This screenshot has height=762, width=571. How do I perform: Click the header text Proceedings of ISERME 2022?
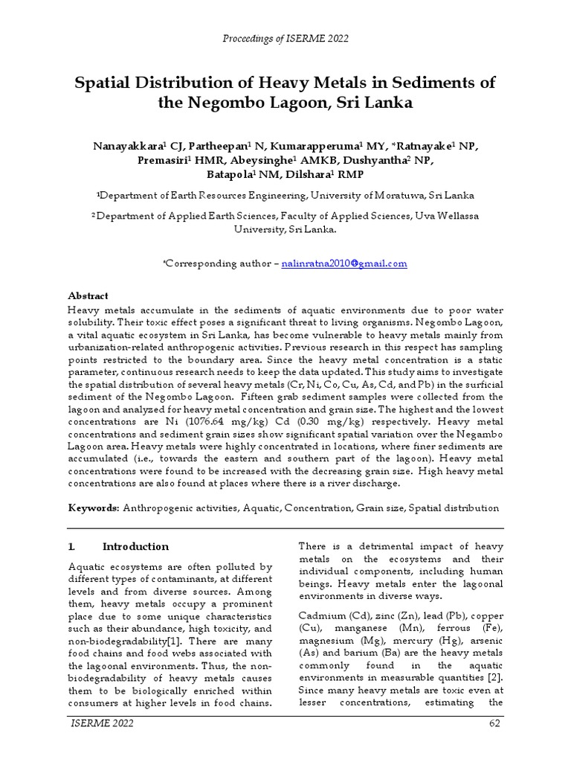285,39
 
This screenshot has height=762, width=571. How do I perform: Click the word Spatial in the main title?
105,81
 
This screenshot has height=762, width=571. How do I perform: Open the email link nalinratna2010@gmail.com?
345,263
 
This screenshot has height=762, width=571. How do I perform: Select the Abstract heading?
88,295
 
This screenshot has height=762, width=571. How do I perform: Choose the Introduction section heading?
135,546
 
